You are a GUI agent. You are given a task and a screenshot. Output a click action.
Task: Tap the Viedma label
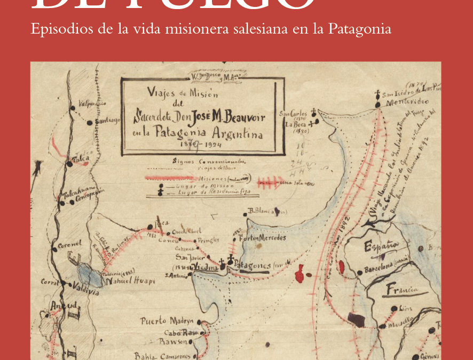[x=206, y=267]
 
